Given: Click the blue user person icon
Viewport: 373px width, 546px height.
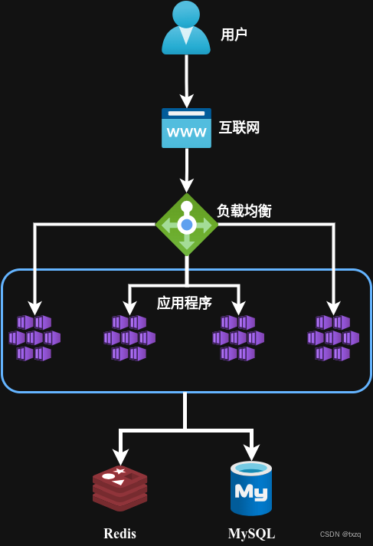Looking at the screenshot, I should [x=186, y=28].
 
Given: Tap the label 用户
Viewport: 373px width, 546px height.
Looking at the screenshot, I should [x=234, y=35].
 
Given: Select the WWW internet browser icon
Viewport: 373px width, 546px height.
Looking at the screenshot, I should [x=186, y=127].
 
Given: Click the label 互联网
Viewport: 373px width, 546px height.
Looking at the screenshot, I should [x=239, y=127].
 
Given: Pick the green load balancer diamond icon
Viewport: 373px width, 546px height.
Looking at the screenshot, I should [x=187, y=225].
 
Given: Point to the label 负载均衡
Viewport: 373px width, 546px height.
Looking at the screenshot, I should [x=244, y=210].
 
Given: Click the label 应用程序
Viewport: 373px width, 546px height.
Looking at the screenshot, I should [x=185, y=303].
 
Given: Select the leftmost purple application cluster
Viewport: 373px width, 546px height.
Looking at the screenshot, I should [x=34, y=337].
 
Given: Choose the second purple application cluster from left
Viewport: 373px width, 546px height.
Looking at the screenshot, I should [x=129, y=337].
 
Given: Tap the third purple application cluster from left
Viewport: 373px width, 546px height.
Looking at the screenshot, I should [x=238, y=337].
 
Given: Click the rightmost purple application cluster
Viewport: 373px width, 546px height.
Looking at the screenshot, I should [x=333, y=337].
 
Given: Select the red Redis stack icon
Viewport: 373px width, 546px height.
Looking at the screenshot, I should [x=119, y=488].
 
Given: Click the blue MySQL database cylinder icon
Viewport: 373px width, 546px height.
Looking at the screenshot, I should [x=251, y=488].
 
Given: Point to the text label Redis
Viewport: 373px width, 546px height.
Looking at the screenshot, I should [x=120, y=534].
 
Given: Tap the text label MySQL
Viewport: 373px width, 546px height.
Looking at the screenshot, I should [x=251, y=534].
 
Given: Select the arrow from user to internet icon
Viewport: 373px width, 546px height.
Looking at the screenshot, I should [x=186, y=81].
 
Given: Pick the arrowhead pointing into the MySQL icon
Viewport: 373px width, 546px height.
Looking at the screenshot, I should [x=251, y=452].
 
